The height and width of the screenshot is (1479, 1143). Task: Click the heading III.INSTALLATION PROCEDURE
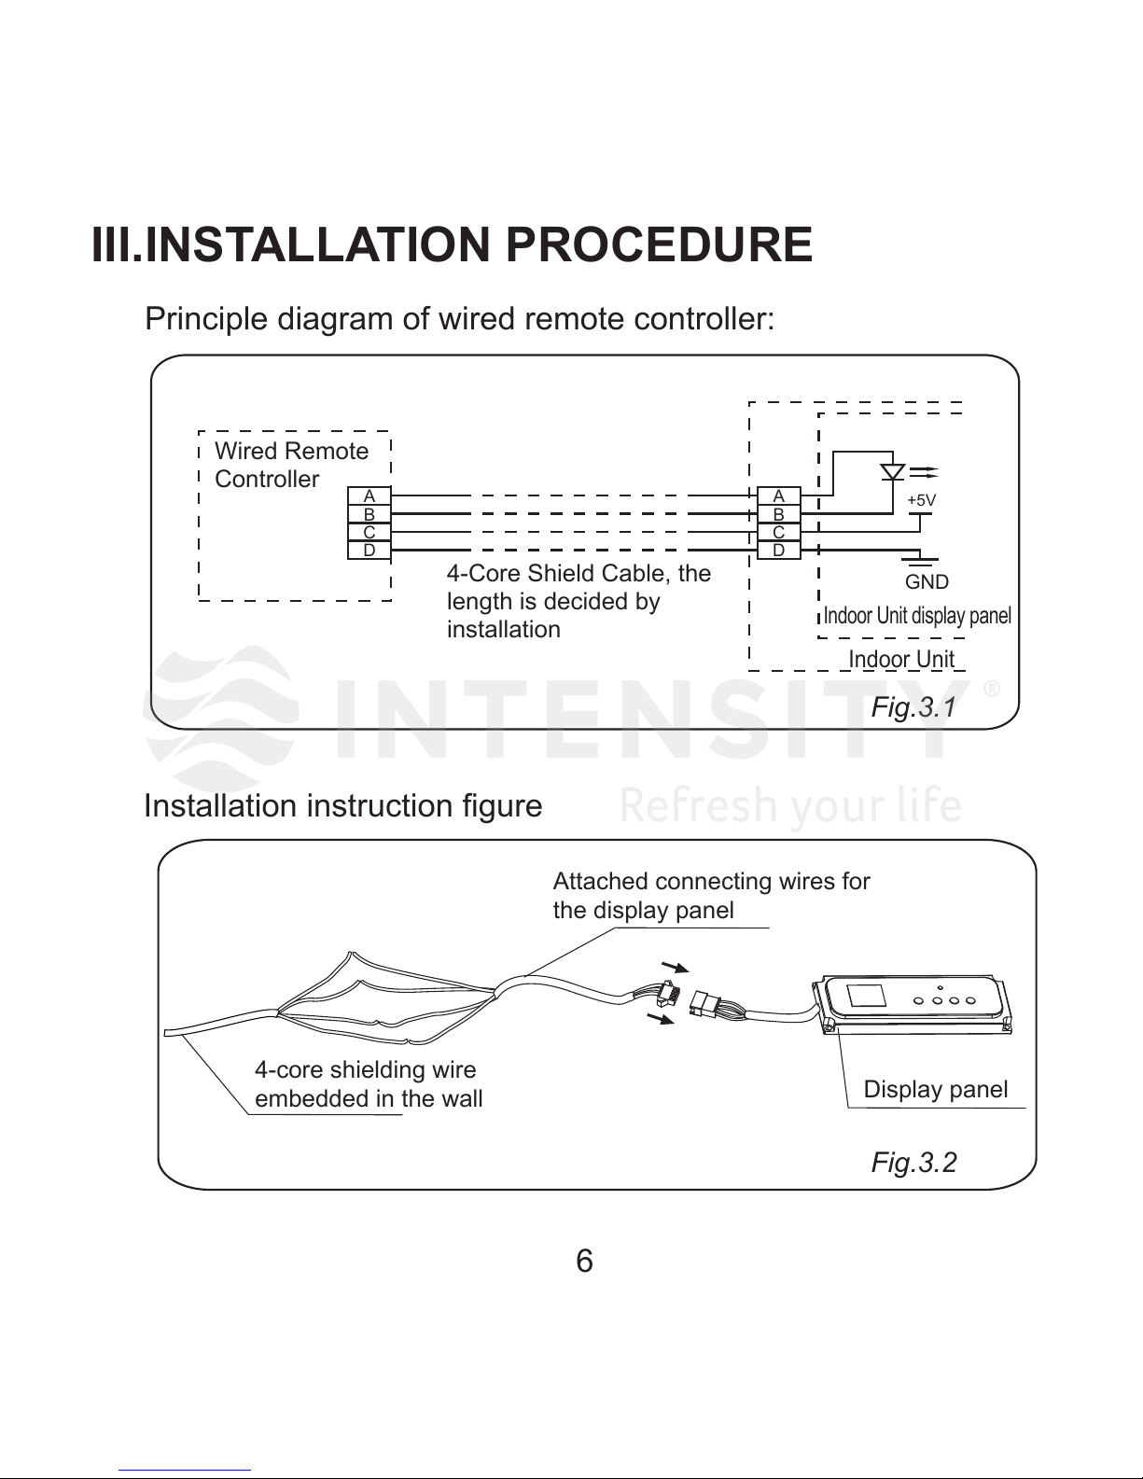point(452,244)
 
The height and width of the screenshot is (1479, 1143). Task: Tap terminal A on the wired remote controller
point(369,495)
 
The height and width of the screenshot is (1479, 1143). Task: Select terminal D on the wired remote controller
point(369,551)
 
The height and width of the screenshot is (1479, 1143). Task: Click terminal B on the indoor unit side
point(778,514)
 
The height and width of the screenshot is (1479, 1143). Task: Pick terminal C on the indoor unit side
point(778,532)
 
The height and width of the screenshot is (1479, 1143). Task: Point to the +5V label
point(921,500)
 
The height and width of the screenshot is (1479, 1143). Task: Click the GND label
point(927,582)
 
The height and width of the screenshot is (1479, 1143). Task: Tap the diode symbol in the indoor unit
point(893,470)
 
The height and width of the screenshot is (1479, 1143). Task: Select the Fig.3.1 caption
point(913,707)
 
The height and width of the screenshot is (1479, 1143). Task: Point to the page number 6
point(584,1262)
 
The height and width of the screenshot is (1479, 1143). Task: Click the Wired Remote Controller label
point(291,465)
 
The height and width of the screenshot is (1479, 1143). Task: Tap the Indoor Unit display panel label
point(917,616)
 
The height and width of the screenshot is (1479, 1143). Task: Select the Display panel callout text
point(935,1089)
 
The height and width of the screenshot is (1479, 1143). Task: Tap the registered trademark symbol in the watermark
point(992,691)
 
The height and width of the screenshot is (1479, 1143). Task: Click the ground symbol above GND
point(921,558)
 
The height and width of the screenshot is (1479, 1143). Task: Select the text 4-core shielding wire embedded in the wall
point(369,1084)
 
